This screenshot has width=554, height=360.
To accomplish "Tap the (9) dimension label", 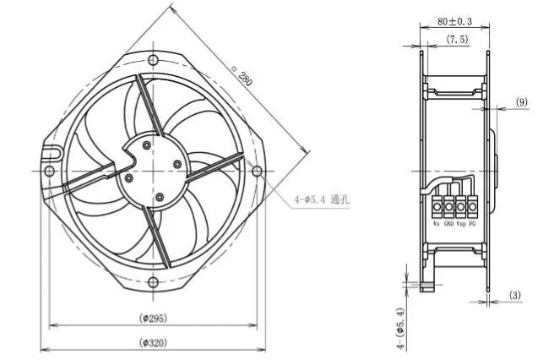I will pyautogui.click(x=522, y=102).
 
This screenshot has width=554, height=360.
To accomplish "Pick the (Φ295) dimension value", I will pyautogui.click(x=152, y=318).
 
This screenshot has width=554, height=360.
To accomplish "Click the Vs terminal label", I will pyautogui.click(x=436, y=224).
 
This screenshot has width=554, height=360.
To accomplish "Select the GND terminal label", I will pyautogui.click(x=448, y=224).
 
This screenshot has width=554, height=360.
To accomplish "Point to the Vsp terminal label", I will pyautogui.click(x=461, y=224).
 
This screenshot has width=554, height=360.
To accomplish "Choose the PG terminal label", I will pyautogui.click(x=473, y=224).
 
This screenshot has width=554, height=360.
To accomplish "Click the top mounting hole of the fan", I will pyautogui.click(x=153, y=60).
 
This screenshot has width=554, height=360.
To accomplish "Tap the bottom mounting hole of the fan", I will pyautogui.click(x=153, y=282).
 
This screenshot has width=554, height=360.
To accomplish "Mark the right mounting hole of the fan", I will pyautogui.click(x=257, y=171).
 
